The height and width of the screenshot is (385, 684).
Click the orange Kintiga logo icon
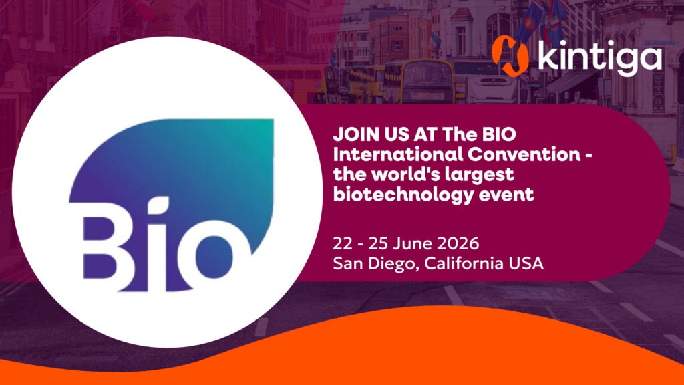coord(510,56)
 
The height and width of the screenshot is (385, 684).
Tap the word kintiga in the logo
coord(600,56)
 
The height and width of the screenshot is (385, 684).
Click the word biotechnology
coord(403,195)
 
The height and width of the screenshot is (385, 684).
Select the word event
coord(506,195)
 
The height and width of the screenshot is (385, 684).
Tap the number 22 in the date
coord(343,243)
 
